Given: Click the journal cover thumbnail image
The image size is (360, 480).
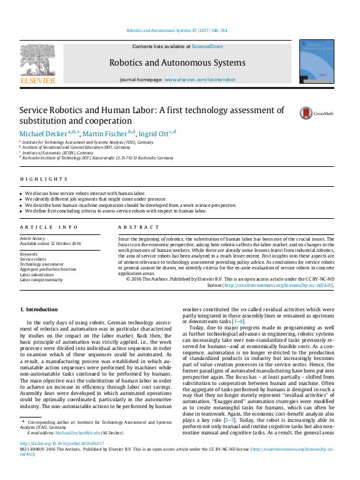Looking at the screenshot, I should (316, 61).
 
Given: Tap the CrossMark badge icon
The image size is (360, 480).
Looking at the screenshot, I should (307, 113).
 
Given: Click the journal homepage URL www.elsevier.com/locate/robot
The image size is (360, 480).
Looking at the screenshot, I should (199, 80).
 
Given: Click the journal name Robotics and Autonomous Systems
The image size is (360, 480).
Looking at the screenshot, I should (177, 63).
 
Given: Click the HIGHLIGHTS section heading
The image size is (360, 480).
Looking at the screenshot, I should (34, 179).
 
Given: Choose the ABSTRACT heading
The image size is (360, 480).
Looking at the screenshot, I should (134, 227).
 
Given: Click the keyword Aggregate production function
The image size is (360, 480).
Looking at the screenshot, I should (48, 269).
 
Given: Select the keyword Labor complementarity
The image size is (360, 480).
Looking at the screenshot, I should (42, 280).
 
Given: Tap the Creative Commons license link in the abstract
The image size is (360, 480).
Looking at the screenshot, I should (278, 285).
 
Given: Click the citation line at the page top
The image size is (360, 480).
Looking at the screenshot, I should (177, 30).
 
